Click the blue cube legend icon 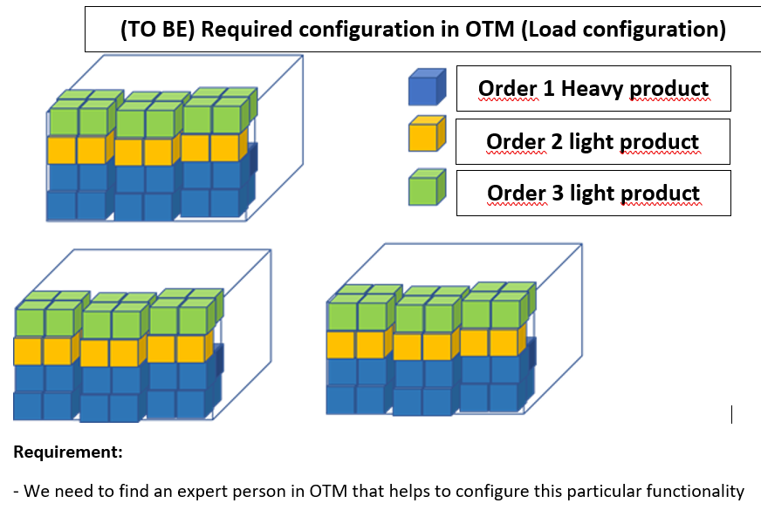click(427, 89)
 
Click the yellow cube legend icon click(427, 136)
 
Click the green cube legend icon click(427, 187)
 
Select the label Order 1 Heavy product click(593, 88)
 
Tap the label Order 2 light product click(593, 141)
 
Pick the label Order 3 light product click(593, 193)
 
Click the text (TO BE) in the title click(154, 30)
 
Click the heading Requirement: click(68, 452)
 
